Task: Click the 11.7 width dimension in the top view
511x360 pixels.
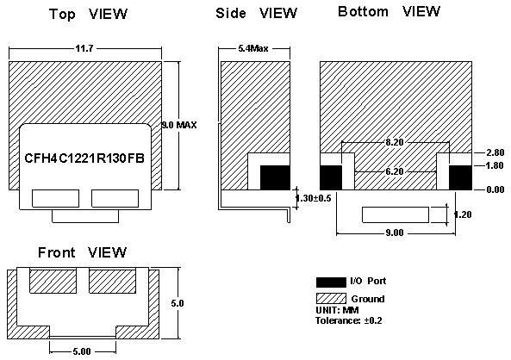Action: point(84,48)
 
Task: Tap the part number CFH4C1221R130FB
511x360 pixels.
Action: point(84,158)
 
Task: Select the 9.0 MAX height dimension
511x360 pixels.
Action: point(179,125)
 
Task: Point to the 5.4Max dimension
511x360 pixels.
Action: point(253,48)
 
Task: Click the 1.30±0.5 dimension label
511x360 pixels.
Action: point(313,198)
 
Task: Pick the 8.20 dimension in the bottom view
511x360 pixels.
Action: point(395,142)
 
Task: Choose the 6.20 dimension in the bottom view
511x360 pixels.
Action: point(395,171)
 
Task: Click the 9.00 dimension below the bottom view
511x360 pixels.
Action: point(395,233)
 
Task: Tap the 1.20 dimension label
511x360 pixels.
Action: point(463,214)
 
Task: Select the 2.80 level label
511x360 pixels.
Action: point(495,152)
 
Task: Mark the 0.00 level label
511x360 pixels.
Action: point(495,189)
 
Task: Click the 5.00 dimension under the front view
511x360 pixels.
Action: point(82,351)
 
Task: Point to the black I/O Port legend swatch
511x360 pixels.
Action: point(331,282)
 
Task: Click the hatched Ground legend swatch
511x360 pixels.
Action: point(331,299)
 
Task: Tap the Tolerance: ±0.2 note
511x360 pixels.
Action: point(349,320)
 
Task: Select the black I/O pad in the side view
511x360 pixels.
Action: point(275,177)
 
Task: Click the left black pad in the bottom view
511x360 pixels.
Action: point(331,177)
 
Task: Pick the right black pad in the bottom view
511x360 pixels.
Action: point(460,177)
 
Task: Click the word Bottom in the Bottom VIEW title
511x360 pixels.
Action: point(363,12)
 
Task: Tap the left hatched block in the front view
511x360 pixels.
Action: point(53,281)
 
